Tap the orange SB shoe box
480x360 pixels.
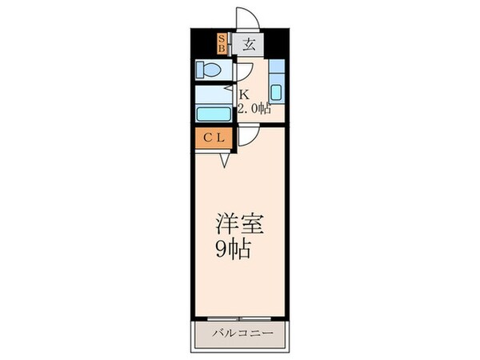[222, 42]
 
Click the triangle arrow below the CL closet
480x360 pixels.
[226, 160]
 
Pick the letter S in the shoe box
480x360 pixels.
[222, 37]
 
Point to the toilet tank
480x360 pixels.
[198, 70]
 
